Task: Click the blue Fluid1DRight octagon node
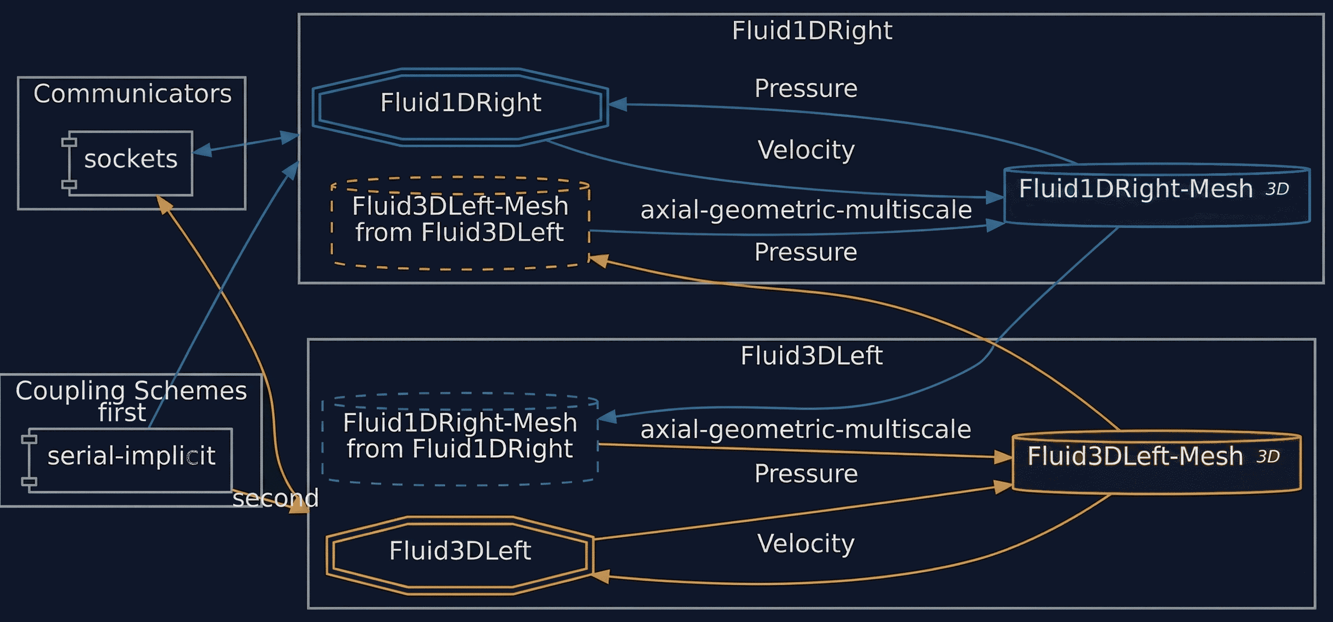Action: [x=460, y=106]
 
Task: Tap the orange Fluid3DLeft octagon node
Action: [x=459, y=555]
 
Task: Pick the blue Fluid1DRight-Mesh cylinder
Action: [x=1156, y=195]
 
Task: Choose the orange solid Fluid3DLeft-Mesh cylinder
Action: [x=1156, y=462]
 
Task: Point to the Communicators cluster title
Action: [x=132, y=94]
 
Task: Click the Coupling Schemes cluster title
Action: [x=131, y=391]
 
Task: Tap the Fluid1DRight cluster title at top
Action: [x=811, y=30]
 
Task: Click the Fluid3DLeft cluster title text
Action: [x=811, y=356]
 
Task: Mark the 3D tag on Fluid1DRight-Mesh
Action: [x=1277, y=190]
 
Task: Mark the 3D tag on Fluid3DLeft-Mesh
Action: [x=1268, y=456]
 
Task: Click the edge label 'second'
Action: [x=275, y=498]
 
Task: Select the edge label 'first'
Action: [x=122, y=413]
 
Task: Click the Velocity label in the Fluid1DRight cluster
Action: [x=806, y=150]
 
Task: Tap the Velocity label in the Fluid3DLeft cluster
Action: [x=806, y=543]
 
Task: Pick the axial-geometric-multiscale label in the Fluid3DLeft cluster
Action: [x=806, y=429]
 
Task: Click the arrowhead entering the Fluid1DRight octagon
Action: [x=618, y=105]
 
